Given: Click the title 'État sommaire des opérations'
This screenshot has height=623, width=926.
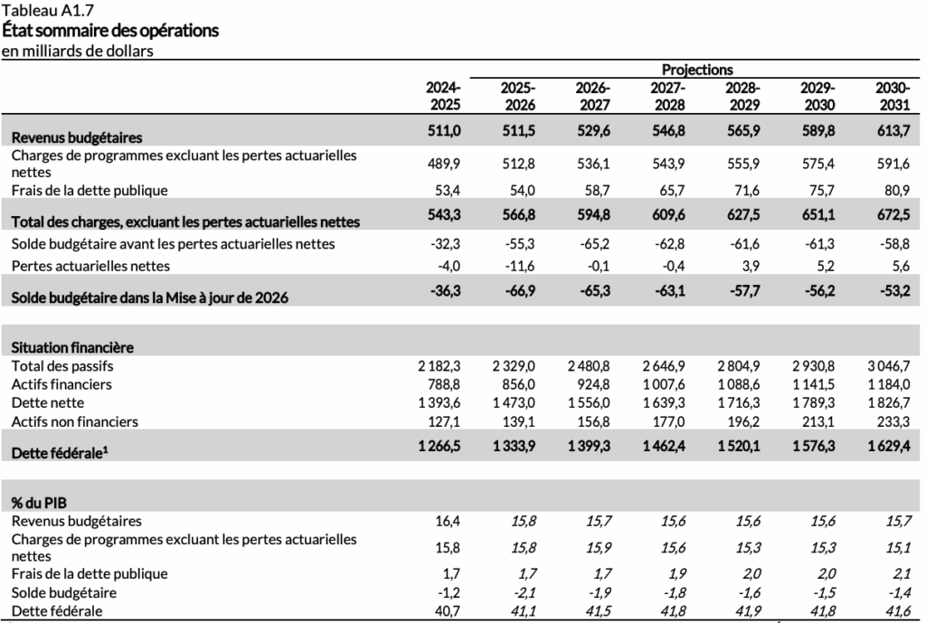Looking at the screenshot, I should (x=110, y=31).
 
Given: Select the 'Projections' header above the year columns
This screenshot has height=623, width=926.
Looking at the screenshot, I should (x=696, y=70).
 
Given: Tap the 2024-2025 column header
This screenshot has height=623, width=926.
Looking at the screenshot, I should (x=444, y=96).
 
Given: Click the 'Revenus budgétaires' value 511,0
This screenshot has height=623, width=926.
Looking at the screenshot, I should (x=445, y=132).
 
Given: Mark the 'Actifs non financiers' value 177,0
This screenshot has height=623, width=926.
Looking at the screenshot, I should (x=667, y=421).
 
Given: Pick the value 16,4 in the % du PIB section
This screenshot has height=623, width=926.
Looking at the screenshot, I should (x=449, y=521).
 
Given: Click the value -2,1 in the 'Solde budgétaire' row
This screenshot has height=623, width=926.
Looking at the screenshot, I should (x=520, y=592).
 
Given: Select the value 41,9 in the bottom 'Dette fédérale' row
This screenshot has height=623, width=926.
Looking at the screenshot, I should (x=745, y=611).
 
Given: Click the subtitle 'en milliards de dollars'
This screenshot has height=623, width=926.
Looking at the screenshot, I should (x=77, y=51).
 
